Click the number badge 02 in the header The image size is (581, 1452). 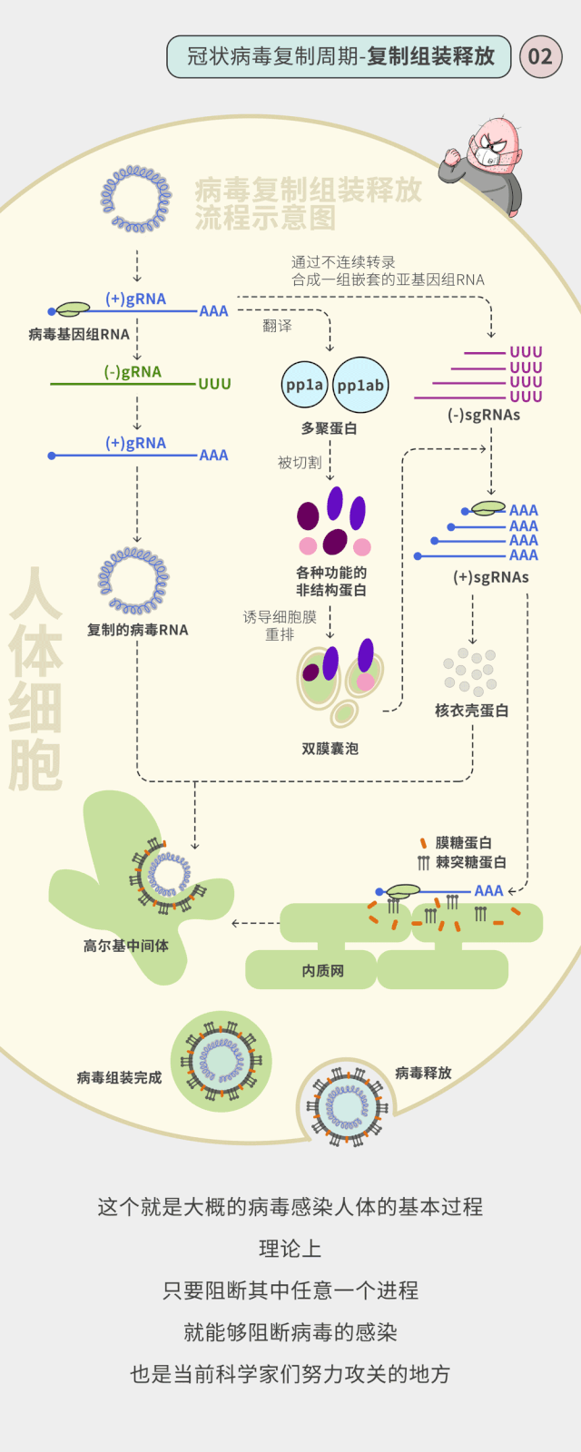click(540, 57)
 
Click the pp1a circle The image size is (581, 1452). click(304, 385)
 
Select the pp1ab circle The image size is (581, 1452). click(360, 385)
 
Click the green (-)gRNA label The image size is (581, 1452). click(133, 372)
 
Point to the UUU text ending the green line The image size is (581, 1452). click(214, 385)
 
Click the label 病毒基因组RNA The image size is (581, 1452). click(79, 335)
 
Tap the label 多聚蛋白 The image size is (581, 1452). click(330, 428)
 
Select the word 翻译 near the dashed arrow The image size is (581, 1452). click(277, 326)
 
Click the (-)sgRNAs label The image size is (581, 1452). click(484, 416)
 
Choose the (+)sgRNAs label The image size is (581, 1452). click(490, 577)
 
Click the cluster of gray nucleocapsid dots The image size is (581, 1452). click(470, 672)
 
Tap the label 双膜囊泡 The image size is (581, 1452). click(330, 749)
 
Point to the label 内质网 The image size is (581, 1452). click(323, 971)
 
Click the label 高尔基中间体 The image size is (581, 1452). click(126, 946)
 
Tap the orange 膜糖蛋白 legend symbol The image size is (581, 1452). click(423, 843)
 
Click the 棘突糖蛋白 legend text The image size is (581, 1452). click(470, 862)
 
